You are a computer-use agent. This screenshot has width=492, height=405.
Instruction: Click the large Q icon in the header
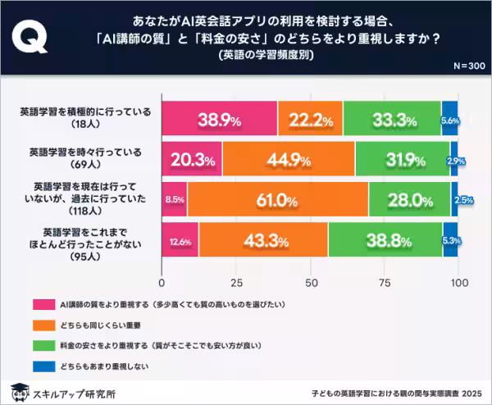click(x=30, y=36)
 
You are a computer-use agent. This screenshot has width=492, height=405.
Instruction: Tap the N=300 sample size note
click(x=468, y=66)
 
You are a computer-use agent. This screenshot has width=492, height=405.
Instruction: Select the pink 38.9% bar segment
click(x=219, y=118)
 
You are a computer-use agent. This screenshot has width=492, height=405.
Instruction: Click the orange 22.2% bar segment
click(x=310, y=118)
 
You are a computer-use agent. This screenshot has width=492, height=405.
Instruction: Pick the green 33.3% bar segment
click(x=392, y=118)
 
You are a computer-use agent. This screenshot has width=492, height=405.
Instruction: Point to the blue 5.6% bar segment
click(x=449, y=118)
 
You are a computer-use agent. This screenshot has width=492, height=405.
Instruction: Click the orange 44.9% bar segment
click(x=288, y=158)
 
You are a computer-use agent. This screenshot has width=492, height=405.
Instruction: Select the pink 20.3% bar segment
click(x=192, y=158)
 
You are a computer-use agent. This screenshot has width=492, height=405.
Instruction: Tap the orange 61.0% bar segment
click(x=277, y=199)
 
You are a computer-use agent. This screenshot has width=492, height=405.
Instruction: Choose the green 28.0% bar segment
click(x=409, y=199)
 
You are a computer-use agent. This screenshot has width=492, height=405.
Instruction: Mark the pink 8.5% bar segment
click(x=175, y=199)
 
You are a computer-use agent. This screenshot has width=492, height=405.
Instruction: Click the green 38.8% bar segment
click(x=385, y=239)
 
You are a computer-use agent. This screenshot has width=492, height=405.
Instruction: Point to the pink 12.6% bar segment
click(x=180, y=239)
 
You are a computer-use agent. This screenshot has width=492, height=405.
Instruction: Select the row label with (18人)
click(x=85, y=118)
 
